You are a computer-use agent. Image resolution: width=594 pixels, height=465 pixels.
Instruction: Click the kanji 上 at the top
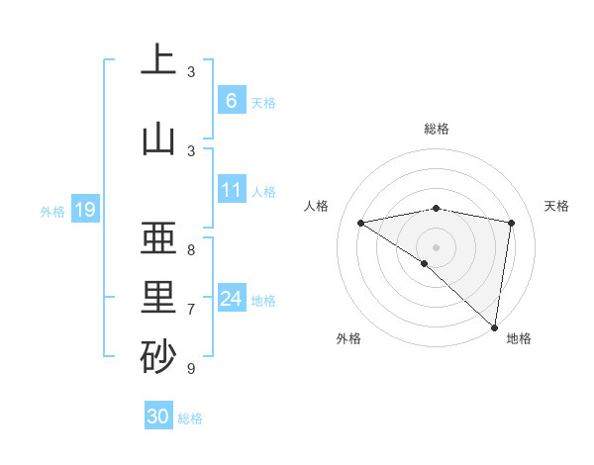[x=157, y=60]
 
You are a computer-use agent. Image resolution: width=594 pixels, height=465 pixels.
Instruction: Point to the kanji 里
[x=157, y=297]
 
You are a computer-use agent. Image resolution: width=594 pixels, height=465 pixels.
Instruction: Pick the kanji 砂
[x=157, y=356]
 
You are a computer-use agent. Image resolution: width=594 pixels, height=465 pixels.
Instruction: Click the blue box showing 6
[x=231, y=100]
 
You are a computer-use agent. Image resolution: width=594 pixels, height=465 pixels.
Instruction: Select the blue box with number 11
[x=231, y=190]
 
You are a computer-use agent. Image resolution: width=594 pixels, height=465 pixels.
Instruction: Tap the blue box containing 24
[x=231, y=298]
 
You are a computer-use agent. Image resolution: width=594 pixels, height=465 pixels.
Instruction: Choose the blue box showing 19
[x=84, y=209]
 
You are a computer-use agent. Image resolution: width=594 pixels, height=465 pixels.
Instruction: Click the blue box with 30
[x=158, y=417]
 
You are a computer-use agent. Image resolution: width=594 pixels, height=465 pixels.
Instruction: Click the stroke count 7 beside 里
[x=191, y=310]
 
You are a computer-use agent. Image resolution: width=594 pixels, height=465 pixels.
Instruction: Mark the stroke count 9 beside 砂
[x=191, y=369]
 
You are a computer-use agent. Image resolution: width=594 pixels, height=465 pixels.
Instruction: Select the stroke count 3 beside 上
[x=191, y=72]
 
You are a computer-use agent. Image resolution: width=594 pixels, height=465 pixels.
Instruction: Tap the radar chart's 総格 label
[x=436, y=129]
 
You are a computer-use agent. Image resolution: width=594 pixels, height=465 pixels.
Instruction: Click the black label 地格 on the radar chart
[x=519, y=338]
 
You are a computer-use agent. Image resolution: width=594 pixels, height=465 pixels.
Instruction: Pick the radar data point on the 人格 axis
[x=360, y=223]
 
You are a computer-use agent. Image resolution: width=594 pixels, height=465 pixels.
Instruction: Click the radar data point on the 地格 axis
[x=494, y=326]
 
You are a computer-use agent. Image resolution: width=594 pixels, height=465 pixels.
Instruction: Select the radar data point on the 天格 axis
[x=511, y=223]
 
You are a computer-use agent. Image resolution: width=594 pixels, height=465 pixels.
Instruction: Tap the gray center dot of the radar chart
[x=436, y=246]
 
